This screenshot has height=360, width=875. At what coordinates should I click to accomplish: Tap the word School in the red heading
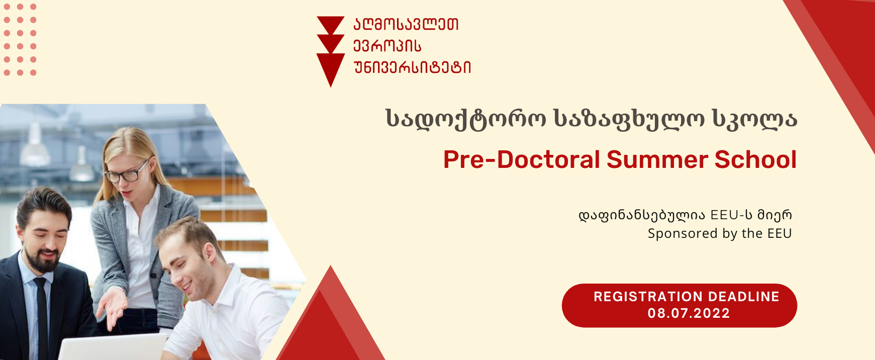(756, 159)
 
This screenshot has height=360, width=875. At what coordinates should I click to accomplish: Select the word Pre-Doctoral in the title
(522, 159)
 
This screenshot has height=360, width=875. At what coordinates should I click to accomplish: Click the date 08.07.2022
(689, 313)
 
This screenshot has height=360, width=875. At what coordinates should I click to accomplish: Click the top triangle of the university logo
(330, 24)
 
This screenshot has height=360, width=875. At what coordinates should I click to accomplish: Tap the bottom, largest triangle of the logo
(331, 68)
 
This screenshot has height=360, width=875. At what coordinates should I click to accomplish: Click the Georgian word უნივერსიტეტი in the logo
(412, 67)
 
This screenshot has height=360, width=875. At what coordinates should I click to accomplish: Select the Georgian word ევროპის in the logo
(387, 46)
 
